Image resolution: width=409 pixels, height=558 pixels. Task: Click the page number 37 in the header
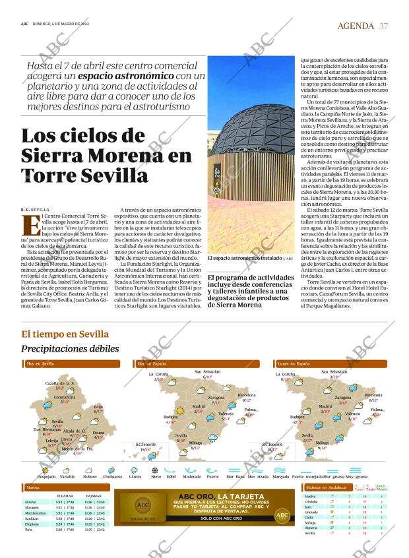click(x=384, y=26)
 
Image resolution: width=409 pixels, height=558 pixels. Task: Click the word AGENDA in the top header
click(x=356, y=26)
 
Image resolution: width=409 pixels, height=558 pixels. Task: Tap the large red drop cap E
click(x=30, y=224)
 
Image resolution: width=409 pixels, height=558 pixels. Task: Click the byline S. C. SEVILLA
click(x=36, y=209)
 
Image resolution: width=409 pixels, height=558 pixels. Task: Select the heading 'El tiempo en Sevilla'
click(x=65, y=334)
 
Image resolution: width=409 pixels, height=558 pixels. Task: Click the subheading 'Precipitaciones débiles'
click(x=70, y=348)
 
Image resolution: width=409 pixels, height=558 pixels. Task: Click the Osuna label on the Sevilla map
click(x=98, y=433)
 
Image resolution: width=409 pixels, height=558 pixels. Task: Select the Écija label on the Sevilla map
click(x=98, y=407)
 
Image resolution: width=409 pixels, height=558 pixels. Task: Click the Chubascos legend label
click(x=113, y=476)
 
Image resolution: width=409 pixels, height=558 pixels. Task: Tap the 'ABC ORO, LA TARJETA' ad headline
click(x=211, y=495)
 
